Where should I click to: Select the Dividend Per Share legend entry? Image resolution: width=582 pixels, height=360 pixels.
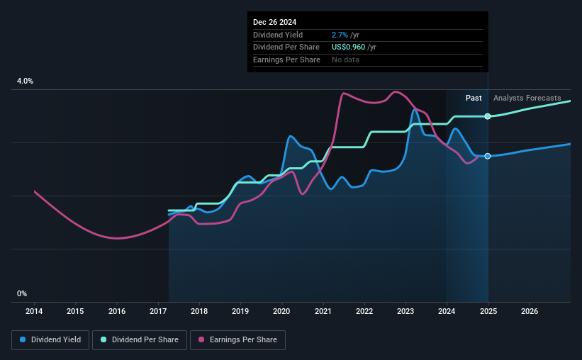tap(140, 340)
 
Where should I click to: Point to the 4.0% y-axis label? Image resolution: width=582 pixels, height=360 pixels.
tap(25, 81)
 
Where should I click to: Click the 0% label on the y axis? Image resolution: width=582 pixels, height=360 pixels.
tap(22, 293)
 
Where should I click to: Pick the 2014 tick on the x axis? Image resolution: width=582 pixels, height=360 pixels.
tap(34, 311)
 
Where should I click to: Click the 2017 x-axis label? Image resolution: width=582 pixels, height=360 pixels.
tap(158, 311)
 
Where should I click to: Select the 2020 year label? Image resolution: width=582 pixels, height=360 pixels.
tap(281, 311)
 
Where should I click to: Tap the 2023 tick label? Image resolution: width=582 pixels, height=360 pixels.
tap(405, 311)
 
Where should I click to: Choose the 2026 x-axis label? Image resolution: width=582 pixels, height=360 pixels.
tap(529, 311)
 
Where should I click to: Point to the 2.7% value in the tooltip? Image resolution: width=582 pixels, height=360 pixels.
tap(340, 35)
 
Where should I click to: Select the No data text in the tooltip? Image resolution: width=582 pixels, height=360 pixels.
tap(345, 60)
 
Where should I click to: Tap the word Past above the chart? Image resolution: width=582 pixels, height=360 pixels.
tap(474, 98)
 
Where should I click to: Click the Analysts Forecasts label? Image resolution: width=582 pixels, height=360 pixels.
tap(527, 98)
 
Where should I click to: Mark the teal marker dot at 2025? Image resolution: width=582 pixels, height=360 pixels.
tap(488, 116)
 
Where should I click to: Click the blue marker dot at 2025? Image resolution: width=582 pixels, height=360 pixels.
tap(488, 156)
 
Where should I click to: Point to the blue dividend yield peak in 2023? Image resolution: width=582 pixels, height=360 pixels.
tap(415, 110)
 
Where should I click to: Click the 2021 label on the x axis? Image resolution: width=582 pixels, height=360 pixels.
tap(323, 311)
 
